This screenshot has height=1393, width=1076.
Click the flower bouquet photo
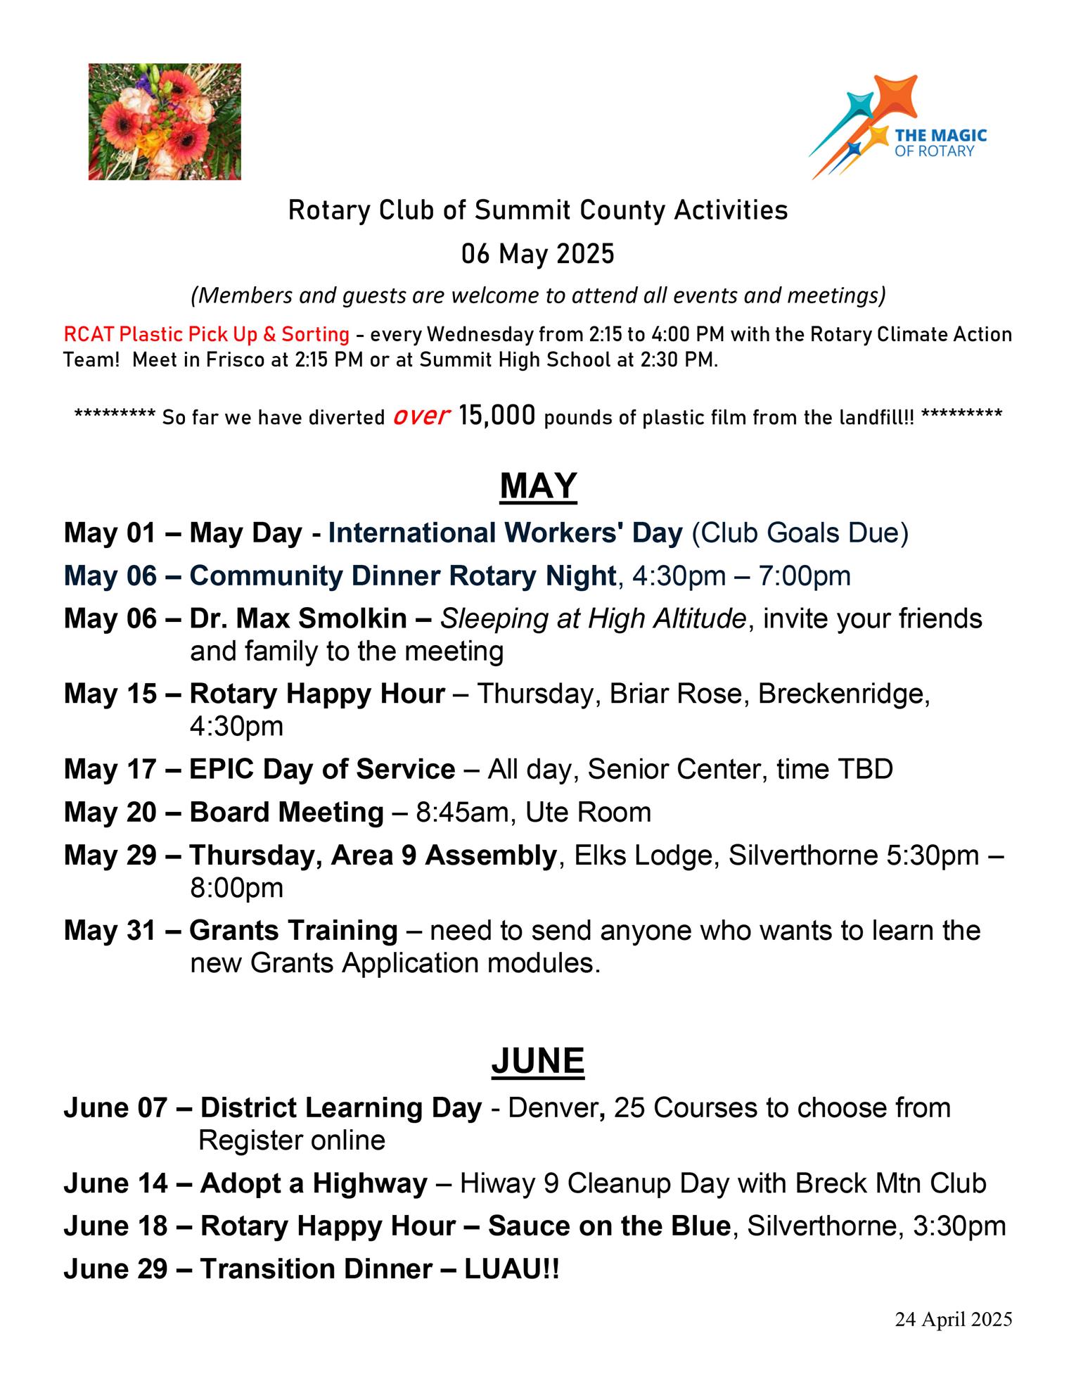(x=165, y=122)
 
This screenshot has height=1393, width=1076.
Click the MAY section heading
(x=538, y=486)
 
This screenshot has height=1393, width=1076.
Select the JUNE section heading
(x=538, y=1061)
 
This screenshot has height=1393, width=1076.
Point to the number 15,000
(x=497, y=416)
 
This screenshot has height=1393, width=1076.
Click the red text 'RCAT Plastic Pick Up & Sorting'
(x=206, y=334)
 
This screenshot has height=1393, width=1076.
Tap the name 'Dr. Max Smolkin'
(x=298, y=618)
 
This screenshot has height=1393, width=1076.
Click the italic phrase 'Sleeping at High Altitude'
(x=593, y=618)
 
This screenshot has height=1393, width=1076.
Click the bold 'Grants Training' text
(x=293, y=931)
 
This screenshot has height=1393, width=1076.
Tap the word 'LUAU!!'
(x=511, y=1269)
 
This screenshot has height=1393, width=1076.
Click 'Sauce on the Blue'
(x=609, y=1226)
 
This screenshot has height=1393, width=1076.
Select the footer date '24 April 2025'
(x=953, y=1319)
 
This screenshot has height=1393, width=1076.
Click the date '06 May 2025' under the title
(x=538, y=253)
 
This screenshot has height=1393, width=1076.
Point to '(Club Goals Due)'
(x=800, y=533)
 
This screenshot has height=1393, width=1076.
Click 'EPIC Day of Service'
(x=322, y=769)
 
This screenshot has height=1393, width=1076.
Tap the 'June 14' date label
(x=115, y=1183)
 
